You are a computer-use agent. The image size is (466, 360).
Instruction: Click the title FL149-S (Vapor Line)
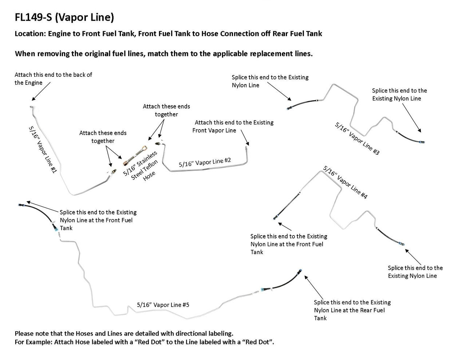[x=64, y=17]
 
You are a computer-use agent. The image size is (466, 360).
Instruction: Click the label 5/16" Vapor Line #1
[x=42, y=149]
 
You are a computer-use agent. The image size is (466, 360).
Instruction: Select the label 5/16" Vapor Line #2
[x=205, y=162]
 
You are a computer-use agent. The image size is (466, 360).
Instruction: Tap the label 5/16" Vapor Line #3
[x=357, y=139]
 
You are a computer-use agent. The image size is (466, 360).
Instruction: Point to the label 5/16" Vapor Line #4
[x=345, y=182]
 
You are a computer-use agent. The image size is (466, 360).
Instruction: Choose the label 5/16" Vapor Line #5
[x=163, y=305]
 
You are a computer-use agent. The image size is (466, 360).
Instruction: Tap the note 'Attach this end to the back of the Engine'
[x=53, y=79]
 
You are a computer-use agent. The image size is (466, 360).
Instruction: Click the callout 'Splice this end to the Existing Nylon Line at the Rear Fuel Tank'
[x=352, y=310]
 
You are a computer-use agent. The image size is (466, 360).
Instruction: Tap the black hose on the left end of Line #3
[x=302, y=103]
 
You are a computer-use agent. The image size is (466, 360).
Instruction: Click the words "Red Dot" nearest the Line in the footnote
[x=261, y=342]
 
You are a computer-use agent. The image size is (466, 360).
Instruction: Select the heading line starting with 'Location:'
[x=168, y=34]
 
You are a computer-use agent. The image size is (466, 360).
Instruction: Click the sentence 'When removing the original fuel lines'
[x=163, y=54]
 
